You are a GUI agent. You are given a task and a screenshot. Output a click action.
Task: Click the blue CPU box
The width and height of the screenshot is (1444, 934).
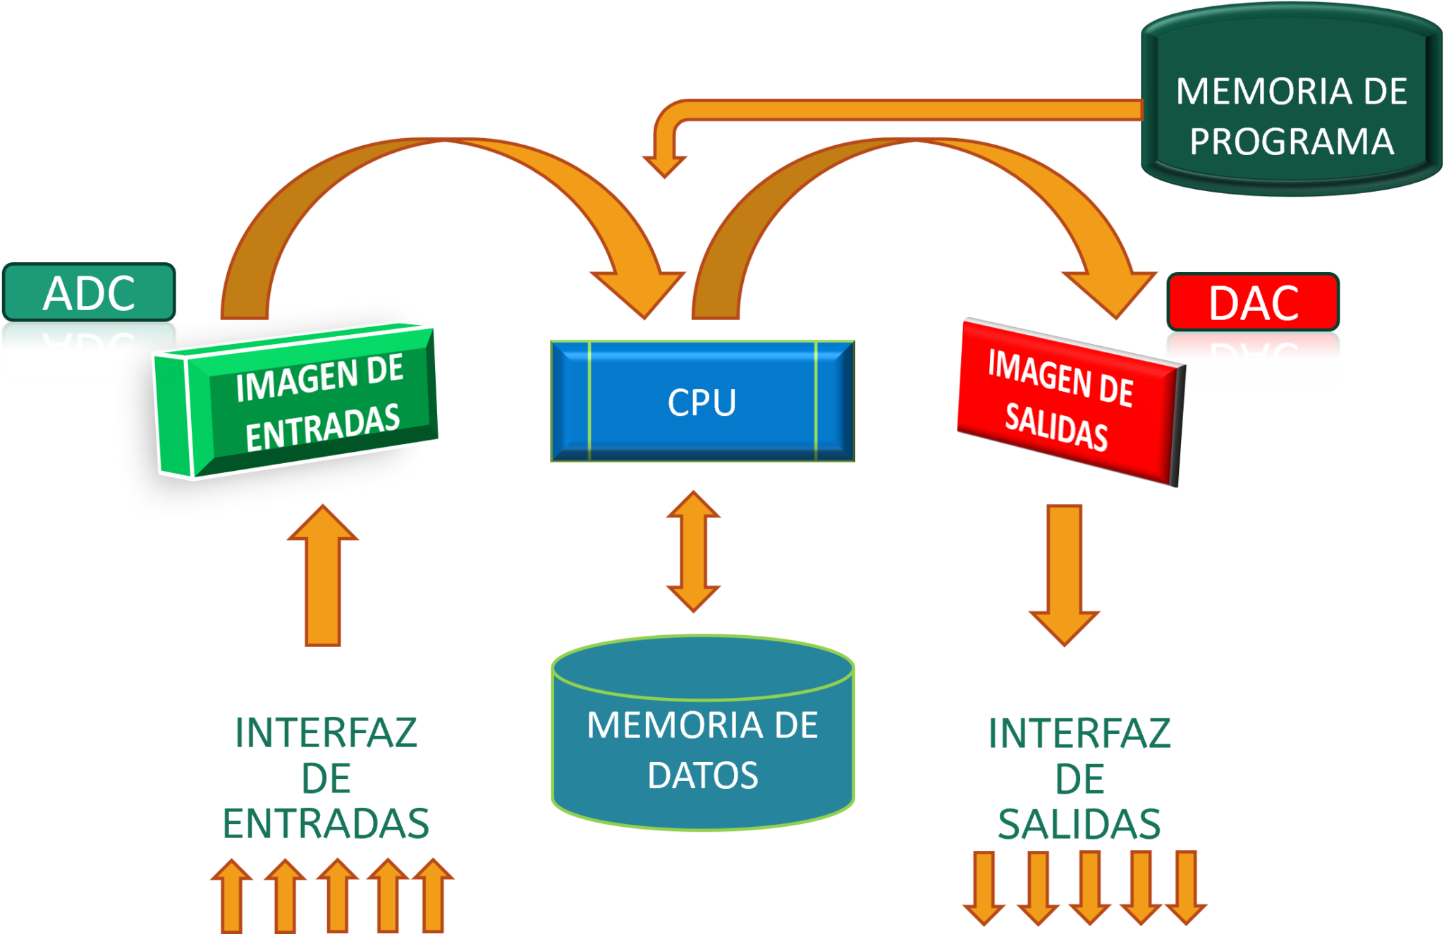[x=702, y=402]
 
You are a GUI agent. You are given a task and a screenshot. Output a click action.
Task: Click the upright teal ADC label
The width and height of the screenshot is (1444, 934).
[x=89, y=293]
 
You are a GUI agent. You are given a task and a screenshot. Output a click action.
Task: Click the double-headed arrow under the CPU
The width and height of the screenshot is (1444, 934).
[x=693, y=551]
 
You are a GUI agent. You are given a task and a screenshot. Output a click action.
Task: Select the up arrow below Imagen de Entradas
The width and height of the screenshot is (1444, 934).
[x=323, y=574]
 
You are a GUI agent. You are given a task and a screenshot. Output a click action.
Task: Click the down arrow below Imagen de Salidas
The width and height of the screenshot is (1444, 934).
[x=1064, y=574]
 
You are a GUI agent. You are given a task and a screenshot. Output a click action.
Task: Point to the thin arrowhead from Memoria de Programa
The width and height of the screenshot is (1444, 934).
[x=664, y=166]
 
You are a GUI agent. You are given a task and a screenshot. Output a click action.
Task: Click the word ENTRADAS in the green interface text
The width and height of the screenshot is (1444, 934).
[x=325, y=823]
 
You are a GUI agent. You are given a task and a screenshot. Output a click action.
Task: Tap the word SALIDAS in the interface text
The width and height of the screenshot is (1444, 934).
[x=1079, y=823]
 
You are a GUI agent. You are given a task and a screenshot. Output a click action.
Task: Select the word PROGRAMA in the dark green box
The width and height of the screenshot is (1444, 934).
[x=1292, y=142]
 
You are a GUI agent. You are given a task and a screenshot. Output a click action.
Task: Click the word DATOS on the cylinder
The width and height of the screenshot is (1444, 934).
[x=702, y=775]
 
